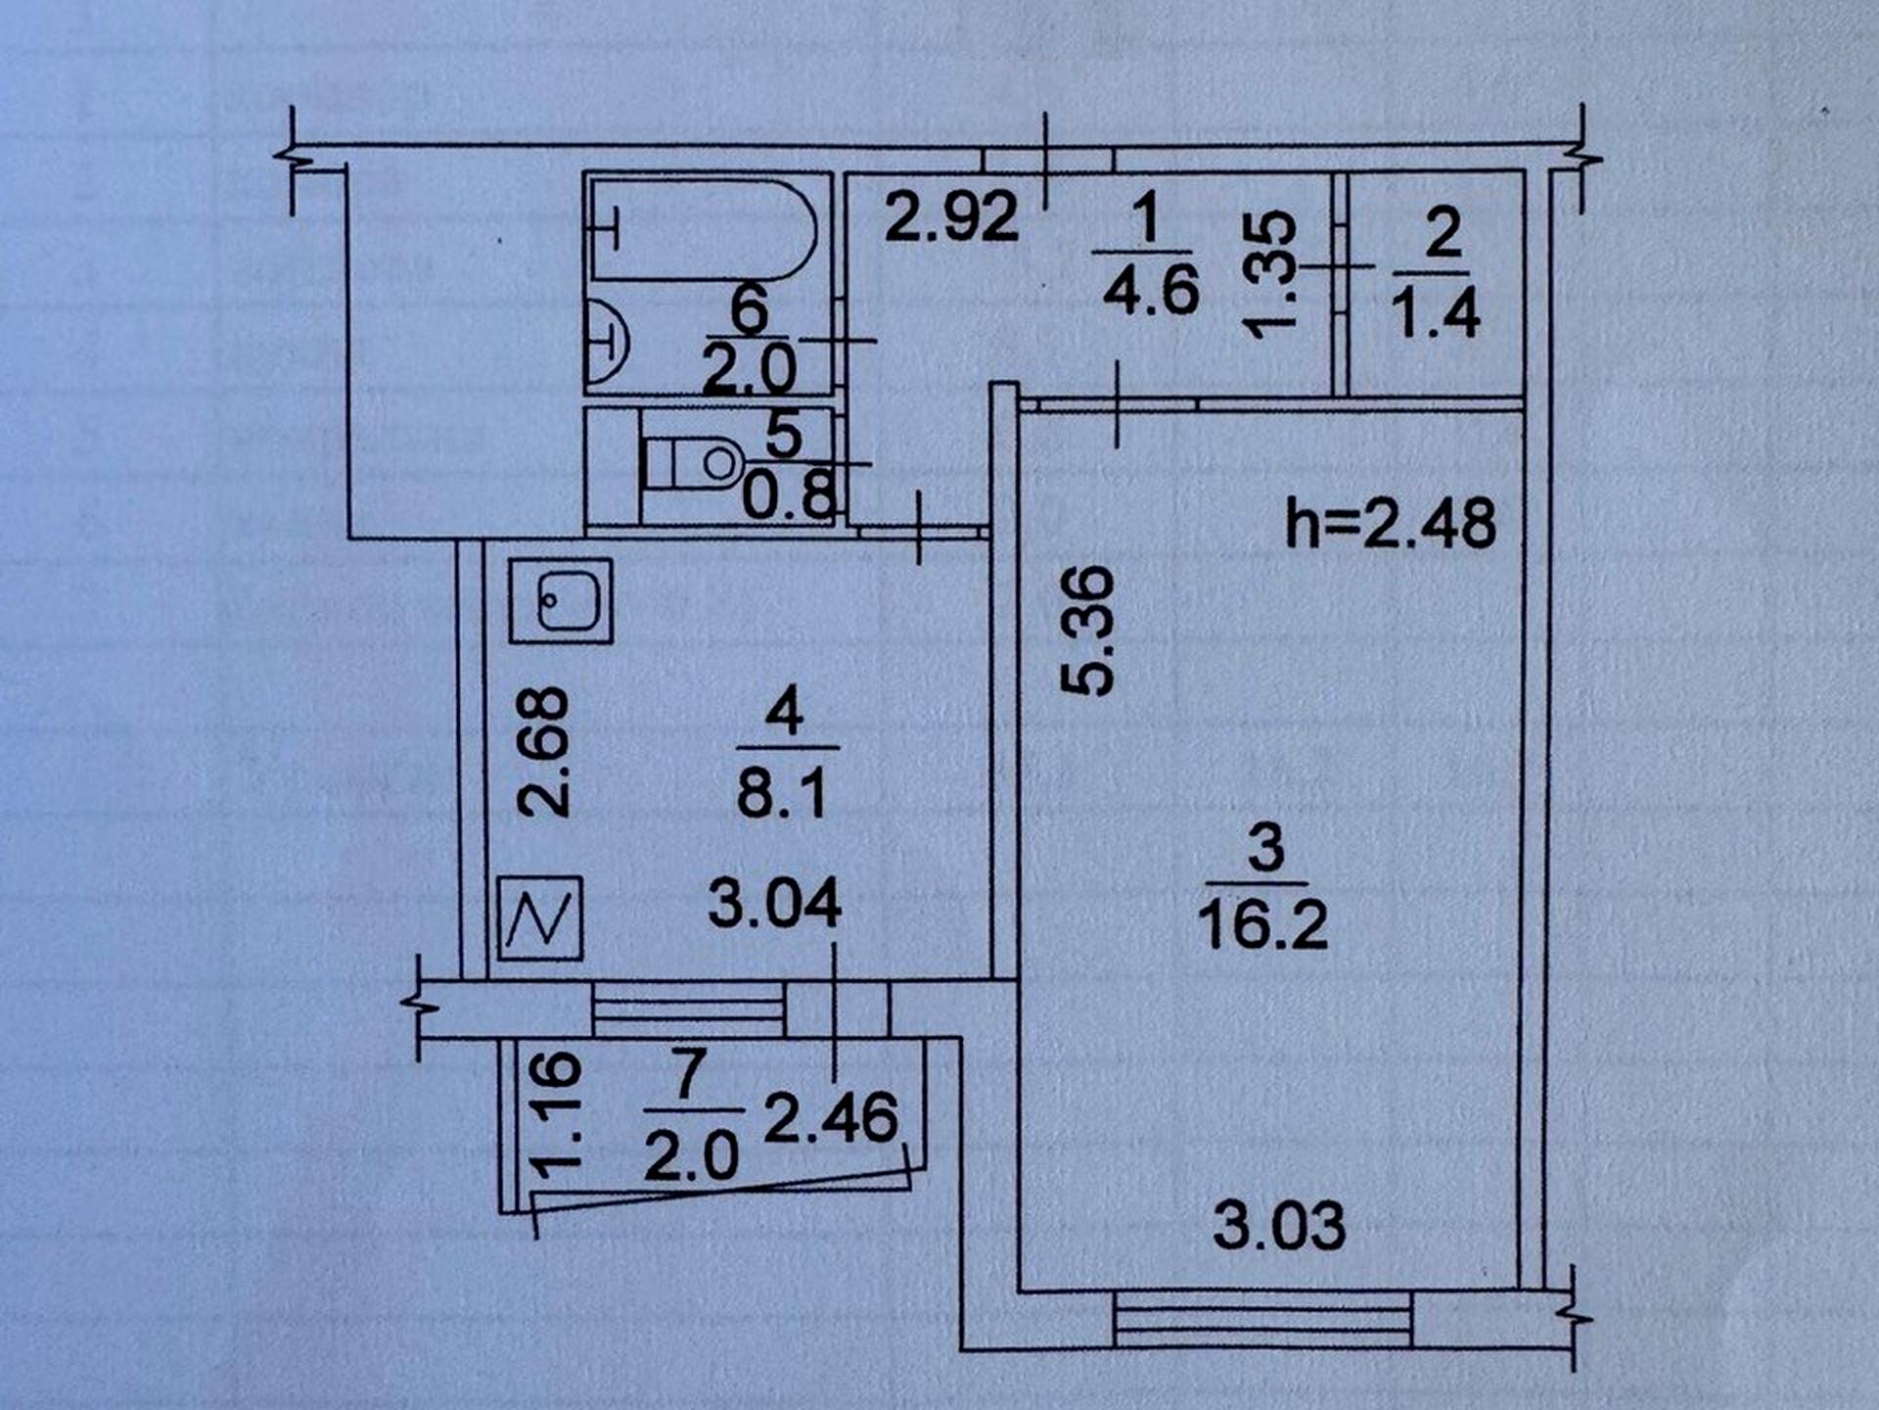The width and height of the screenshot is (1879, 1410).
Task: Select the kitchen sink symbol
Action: click(561, 600)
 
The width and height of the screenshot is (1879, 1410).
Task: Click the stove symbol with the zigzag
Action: click(540, 918)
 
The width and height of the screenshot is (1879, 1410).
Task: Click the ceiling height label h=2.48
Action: click(1391, 524)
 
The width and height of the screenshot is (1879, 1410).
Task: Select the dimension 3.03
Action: click(1279, 1226)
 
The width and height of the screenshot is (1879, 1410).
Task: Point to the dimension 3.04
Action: click(774, 902)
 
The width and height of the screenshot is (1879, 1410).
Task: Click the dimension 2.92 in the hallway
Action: click(951, 216)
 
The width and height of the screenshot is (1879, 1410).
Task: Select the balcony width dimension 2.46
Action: click(831, 1118)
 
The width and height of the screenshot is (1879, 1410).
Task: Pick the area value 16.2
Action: click(1263, 924)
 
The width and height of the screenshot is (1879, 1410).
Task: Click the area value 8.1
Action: click(782, 792)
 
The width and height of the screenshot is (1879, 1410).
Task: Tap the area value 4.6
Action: click(1151, 291)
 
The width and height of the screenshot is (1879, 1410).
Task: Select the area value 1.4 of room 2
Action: click(1435, 313)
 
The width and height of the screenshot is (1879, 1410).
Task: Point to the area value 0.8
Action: click(789, 495)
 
